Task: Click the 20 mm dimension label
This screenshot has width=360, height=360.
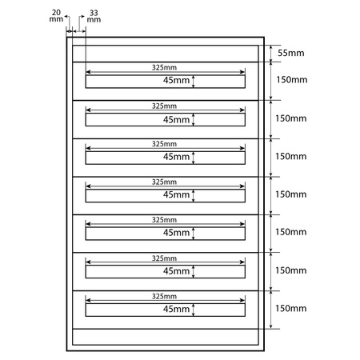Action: pos(54,17)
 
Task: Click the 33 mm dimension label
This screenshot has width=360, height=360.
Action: pos(94,17)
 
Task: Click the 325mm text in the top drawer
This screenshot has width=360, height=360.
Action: pos(164,68)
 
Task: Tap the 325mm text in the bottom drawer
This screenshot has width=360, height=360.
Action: pos(164,296)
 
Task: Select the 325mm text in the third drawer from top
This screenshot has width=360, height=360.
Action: pos(164,144)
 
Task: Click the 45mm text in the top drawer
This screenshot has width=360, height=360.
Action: pos(176,81)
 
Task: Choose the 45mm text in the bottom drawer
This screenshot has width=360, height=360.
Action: pos(176,309)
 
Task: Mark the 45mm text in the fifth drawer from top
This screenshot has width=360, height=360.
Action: pos(176,233)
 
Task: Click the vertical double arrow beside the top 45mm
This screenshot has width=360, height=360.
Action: pos(194,81)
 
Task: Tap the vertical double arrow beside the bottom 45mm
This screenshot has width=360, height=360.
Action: pos(194,309)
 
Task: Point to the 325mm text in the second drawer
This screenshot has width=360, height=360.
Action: pos(164,106)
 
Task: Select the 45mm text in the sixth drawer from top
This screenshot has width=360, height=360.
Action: pos(176,271)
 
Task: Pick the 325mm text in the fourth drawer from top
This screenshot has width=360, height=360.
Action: pos(164,182)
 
